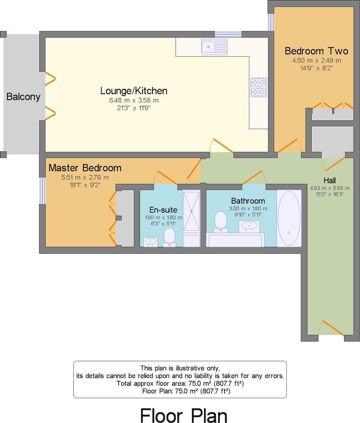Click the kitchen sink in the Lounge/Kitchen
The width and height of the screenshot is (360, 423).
click(214, 47)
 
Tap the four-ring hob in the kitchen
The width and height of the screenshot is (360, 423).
click(258, 87)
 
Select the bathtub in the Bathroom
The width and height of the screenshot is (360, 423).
click(289, 219)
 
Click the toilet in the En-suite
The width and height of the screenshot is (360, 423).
click(169, 237)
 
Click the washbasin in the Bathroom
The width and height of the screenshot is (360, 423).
click(248, 226)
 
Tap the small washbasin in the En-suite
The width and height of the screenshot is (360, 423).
click(151, 242)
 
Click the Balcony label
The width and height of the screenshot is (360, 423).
click(23, 96)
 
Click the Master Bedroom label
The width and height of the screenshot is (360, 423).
click(85, 168)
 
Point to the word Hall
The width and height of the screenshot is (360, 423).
click(329, 181)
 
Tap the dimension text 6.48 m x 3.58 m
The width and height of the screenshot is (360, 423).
click(134, 100)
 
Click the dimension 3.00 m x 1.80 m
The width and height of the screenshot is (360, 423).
click(248, 209)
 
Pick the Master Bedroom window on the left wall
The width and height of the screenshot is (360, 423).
click(42, 191)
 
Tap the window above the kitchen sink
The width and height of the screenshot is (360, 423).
click(228, 34)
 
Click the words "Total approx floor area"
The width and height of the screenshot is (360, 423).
click(151, 383)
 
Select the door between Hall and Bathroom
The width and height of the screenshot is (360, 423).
click(252, 178)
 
